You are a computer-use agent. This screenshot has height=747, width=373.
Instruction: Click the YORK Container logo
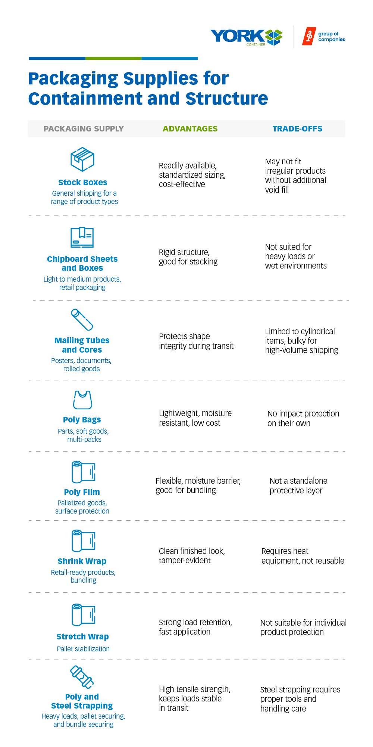(247, 37)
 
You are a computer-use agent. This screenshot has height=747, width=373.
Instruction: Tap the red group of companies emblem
(308, 36)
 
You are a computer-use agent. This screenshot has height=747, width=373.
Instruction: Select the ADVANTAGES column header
(190, 129)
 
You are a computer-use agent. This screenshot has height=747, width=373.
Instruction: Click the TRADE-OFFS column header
(297, 129)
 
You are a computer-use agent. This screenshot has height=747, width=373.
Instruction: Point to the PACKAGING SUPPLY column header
(84, 129)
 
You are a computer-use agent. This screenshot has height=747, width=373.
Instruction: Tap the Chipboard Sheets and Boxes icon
(82, 237)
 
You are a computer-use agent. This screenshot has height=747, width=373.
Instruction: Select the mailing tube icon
(82, 320)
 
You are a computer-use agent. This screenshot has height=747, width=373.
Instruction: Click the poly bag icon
(82, 400)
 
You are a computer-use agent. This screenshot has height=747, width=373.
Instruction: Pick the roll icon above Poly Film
(83, 472)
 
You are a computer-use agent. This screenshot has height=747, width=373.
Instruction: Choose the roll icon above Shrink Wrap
(83, 541)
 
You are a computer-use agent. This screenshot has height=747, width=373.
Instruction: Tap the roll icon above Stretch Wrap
(83, 614)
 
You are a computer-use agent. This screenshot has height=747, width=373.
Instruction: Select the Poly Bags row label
(82, 420)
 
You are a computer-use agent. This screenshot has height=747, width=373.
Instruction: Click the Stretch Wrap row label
(82, 636)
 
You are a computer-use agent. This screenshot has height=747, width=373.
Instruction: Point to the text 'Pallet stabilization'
(83, 649)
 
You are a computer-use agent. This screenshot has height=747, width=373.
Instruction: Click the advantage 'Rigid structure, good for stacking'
(188, 257)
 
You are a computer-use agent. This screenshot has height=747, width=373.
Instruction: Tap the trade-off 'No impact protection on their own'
(303, 418)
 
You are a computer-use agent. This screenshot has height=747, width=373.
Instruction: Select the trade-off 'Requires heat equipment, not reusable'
(303, 556)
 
